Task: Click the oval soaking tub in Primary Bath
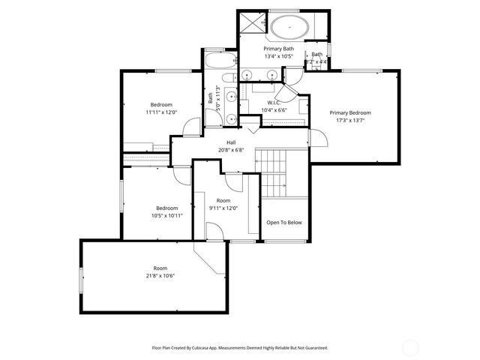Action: (x=289, y=28)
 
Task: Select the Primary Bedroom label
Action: (x=350, y=112)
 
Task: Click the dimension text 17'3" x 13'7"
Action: (x=350, y=120)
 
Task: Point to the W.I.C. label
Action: (x=274, y=102)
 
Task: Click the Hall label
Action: (x=232, y=142)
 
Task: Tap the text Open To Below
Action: (x=284, y=222)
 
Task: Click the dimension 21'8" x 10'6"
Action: (x=160, y=276)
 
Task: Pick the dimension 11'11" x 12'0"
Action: (x=161, y=112)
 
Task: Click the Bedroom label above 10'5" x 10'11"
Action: (x=166, y=208)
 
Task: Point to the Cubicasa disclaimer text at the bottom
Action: (x=240, y=348)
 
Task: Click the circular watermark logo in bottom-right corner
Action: (x=410, y=346)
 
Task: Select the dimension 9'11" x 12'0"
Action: (x=223, y=208)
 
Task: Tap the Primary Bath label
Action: (x=278, y=49)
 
